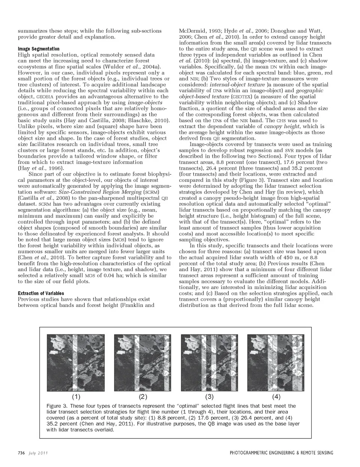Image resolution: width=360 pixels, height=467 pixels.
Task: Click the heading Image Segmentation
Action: coord(39,49)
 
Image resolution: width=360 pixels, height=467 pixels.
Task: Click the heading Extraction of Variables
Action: coord(41,293)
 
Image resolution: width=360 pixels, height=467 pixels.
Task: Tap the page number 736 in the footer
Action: coord(21,453)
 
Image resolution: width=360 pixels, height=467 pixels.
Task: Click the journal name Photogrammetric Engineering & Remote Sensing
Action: coord(281,453)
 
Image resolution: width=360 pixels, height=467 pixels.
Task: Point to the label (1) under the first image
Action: coord(76,396)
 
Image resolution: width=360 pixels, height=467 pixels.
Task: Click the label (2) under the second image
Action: coord(143,396)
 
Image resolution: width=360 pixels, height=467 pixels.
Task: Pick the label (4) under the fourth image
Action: coord(276,396)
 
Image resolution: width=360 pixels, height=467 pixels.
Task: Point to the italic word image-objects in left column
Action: coord(145,102)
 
